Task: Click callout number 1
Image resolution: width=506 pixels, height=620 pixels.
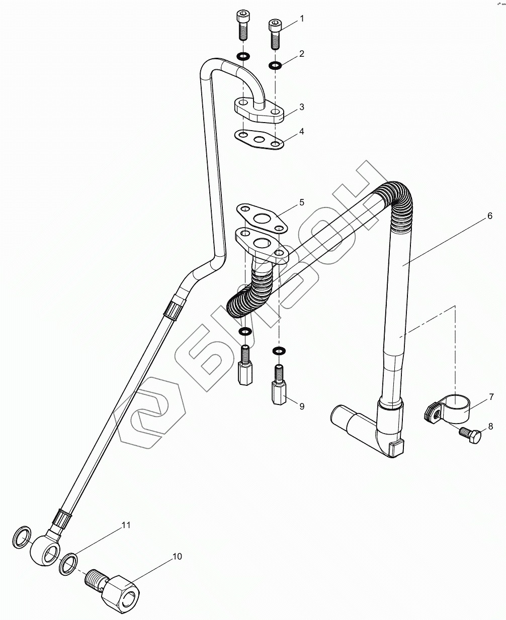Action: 302,19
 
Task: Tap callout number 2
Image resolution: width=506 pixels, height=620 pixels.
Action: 302,53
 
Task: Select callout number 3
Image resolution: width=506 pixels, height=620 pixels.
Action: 302,107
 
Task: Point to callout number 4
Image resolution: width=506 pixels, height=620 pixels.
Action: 302,131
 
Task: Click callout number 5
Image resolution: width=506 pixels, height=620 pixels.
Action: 302,202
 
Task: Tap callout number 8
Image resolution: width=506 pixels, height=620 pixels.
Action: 490,427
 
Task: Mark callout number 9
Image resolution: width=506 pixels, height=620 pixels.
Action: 302,406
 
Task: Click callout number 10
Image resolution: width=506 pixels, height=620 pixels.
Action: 177,556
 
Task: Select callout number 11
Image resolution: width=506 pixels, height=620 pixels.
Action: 125,525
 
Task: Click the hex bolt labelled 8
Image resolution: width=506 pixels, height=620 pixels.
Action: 471,435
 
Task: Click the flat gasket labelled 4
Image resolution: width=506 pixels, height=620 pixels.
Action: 260,139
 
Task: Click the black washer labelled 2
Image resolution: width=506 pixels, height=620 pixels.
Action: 275,65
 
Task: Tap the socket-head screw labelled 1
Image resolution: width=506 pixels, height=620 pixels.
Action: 275,33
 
